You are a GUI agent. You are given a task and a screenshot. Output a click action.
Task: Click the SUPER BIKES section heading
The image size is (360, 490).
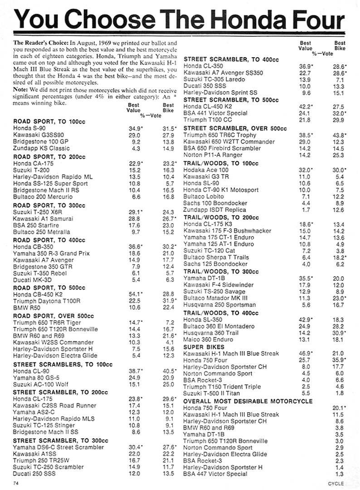click(204, 346)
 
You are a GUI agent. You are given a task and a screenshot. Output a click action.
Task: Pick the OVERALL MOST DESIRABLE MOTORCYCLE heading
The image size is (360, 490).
click(248, 401)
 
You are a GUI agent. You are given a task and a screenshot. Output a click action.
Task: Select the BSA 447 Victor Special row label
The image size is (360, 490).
click(215, 474)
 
